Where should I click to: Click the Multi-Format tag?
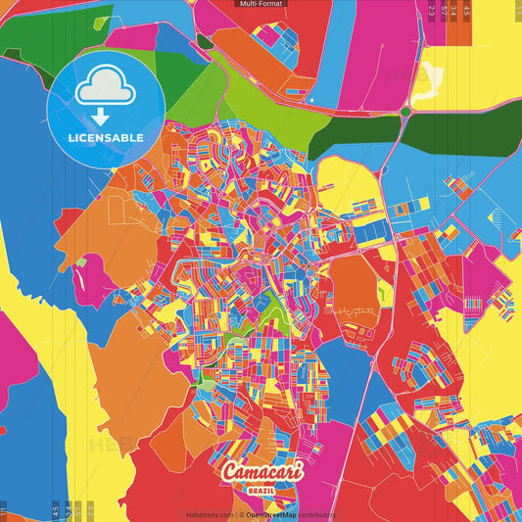[x=261, y=4]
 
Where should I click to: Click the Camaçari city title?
[x=261, y=472]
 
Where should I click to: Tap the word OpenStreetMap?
[x=270, y=514]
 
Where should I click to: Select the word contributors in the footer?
[x=316, y=514]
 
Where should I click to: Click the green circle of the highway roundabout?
[x=403, y=112]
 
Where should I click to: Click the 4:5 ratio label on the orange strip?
[x=467, y=12]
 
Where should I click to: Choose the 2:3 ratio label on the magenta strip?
[x=432, y=12]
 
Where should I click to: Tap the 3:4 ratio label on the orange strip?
[x=454, y=12]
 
